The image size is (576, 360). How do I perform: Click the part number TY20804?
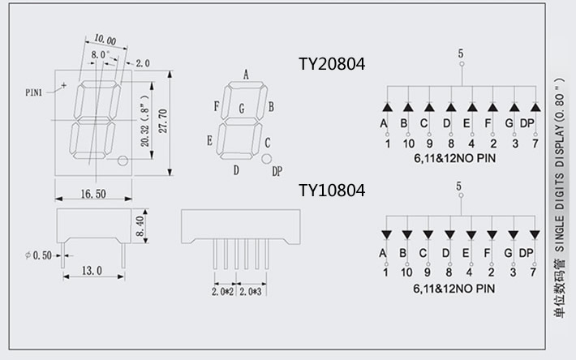tap(332, 64)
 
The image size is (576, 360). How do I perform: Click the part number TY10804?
tap(332, 191)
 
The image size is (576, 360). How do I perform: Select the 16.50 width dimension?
tap(94, 194)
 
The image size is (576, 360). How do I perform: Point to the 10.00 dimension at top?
tap(105, 40)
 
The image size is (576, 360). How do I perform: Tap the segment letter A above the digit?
tap(246, 75)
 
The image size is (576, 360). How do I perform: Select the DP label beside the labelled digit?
tap(277, 171)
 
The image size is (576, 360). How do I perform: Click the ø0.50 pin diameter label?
tap(38, 255)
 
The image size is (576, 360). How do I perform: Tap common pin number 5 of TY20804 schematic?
tap(461, 54)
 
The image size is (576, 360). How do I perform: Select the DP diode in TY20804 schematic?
tap(535, 107)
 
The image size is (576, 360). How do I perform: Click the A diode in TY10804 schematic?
tap(386, 234)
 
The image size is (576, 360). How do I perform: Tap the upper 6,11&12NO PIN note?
tap(453, 159)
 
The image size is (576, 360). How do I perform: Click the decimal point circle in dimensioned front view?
tap(123, 161)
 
